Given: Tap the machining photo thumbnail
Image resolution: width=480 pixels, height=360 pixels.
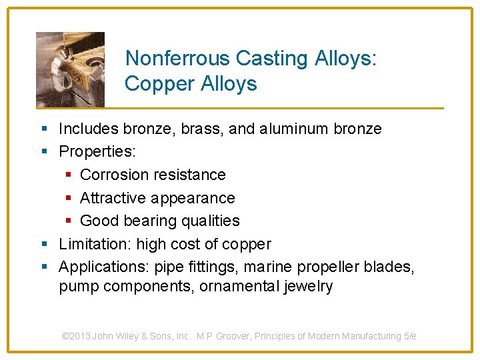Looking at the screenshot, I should coord(70,69).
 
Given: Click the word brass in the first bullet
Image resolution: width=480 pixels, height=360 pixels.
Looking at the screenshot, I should coord(201,129).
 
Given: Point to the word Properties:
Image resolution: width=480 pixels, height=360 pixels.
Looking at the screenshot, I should coord(97,151).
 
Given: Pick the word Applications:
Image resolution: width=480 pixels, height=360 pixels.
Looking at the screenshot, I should coord(104,267).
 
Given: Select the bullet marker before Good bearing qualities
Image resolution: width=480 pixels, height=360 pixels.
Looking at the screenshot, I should coord(71,221).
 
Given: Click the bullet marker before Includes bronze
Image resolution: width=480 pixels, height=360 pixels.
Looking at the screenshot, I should coord(44,129).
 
